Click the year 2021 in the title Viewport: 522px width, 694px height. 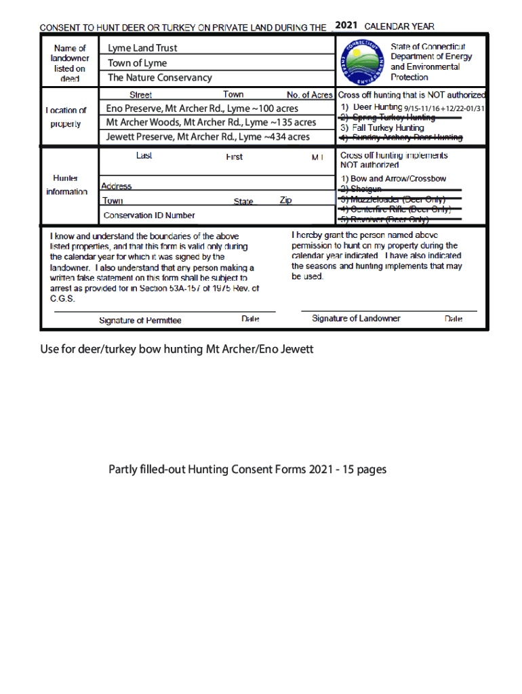346,26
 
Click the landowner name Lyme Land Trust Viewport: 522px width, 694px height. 142,48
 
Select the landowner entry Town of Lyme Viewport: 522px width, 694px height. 137,63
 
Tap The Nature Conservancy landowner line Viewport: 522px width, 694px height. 159,78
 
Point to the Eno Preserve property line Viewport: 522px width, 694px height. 202,108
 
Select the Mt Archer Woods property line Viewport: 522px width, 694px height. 211,123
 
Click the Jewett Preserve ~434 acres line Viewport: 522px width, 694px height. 208,137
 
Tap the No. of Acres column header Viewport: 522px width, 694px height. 309,95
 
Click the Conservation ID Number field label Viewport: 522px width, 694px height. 149,216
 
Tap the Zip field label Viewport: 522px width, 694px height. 286,201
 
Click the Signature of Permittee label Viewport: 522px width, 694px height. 140,321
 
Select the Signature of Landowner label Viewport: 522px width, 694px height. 356,319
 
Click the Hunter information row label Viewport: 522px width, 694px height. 66,184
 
